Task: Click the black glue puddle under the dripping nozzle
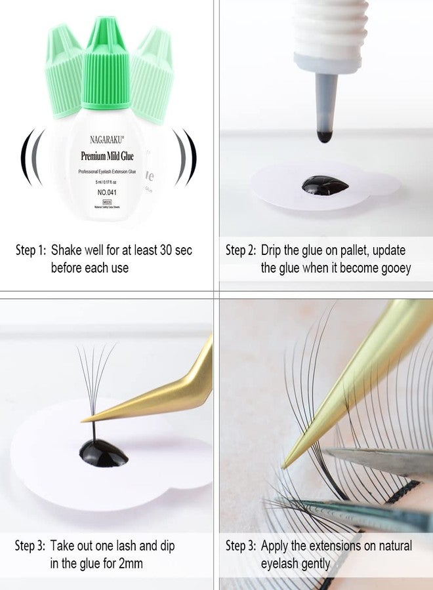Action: (x=325, y=184)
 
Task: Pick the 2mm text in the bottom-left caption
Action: (x=131, y=562)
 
